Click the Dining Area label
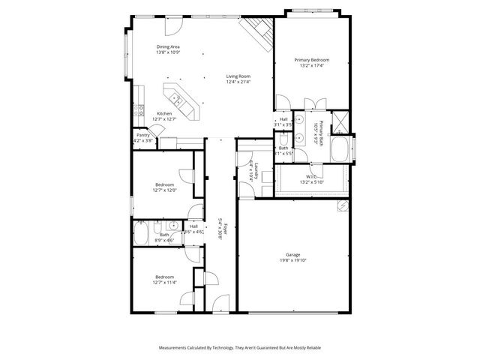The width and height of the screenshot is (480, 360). point(168,46)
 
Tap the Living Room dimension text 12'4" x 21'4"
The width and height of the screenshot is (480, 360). point(238,81)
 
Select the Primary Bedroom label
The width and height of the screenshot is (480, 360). point(311,60)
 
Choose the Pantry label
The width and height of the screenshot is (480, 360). point(142,135)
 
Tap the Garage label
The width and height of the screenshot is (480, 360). point(292,253)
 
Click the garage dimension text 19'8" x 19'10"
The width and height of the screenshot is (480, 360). point(292,259)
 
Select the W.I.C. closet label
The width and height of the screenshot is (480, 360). point(309,177)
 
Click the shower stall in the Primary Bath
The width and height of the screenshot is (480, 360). point(338,119)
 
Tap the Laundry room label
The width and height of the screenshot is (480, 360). point(256,172)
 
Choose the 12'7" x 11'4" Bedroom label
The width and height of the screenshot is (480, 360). point(165,277)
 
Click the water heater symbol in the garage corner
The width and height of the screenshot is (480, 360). point(342,205)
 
